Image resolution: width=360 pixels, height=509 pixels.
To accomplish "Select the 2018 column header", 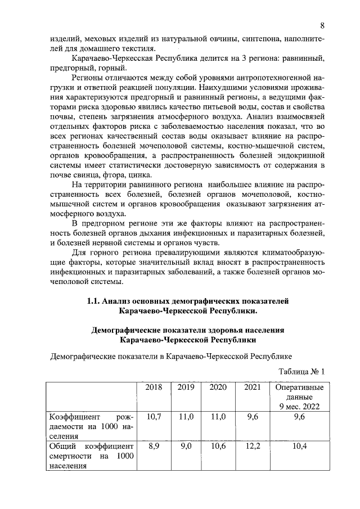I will (x=154, y=388).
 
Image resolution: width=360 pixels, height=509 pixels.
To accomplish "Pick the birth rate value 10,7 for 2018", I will (x=154, y=417).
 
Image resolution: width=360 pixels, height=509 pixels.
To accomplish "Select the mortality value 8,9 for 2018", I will (x=154, y=446).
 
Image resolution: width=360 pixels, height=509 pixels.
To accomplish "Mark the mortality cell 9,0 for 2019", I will (x=186, y=446).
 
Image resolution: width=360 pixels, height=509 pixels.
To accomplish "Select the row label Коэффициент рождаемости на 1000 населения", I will (x=90, y=426).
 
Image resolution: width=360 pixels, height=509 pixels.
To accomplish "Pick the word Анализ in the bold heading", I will (x=124, y=301).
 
